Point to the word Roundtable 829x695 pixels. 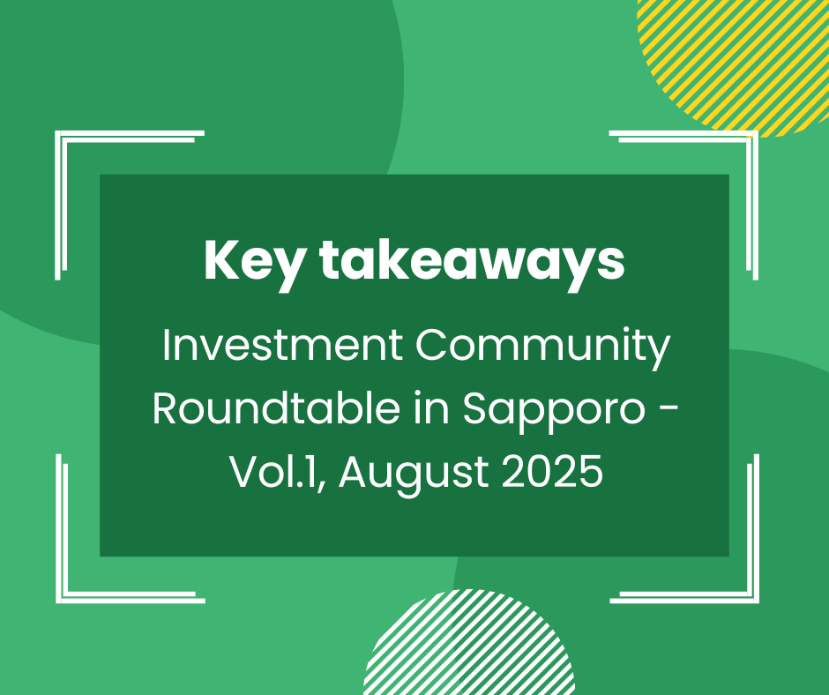[x=276, y=408]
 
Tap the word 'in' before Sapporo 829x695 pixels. [x=431, y=408]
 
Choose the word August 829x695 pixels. [x=414, y=475]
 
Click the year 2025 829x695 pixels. [x=552, y=471]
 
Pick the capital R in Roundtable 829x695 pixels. [x=166, y=408]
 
